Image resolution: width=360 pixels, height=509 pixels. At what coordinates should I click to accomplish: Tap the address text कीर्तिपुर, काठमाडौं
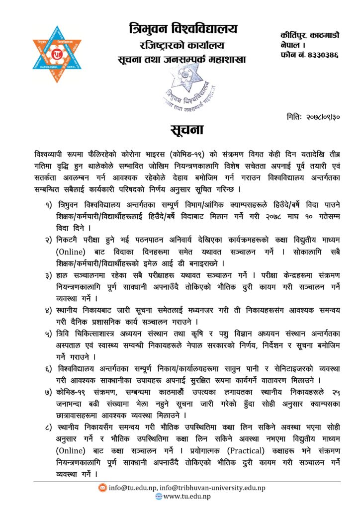pos(309,35)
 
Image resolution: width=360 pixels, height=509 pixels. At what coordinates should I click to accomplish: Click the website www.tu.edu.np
pos(187,496)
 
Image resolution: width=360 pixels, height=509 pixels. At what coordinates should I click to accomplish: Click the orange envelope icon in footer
pos(102,488)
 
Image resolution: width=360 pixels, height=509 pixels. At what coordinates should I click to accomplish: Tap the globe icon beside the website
pos(159,496)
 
